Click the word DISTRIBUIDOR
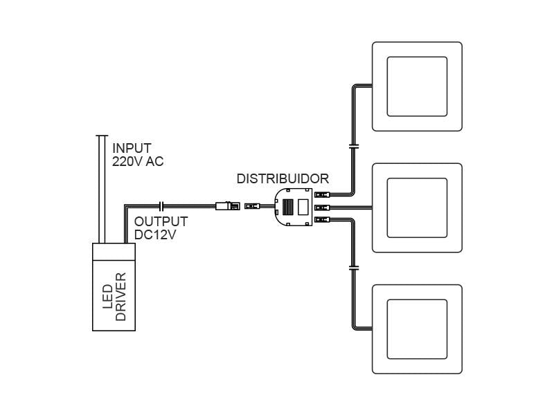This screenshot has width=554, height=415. coord(283,178)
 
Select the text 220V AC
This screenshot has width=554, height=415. coord(138,162)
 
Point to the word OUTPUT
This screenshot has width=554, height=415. coord(161,221)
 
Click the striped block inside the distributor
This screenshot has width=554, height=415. coord(287,205)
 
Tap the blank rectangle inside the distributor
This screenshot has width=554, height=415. coord(303,206)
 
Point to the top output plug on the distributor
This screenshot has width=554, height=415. coord(321,195)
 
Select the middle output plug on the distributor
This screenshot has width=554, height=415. coord(321,207)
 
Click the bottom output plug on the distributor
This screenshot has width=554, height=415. coord(321,219)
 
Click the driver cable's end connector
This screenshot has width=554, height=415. coord(226,205)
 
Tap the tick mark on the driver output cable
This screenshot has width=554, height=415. coord(161,205)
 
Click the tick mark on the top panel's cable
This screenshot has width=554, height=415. coord(353,147)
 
